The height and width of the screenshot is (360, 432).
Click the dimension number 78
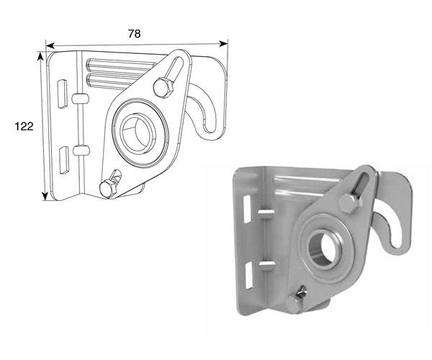coord(135,34)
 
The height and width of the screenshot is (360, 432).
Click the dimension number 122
coord(24,127)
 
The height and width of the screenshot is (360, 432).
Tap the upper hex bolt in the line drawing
coord(163,88)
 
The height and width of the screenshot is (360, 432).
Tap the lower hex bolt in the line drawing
coord(109,189)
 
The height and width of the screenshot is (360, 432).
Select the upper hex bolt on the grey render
coord(351,203)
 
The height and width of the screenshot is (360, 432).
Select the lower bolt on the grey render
coord(294,303)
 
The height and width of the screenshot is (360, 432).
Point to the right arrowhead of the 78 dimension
coord(223,43)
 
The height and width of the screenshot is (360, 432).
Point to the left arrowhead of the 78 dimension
coord(50,45)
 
